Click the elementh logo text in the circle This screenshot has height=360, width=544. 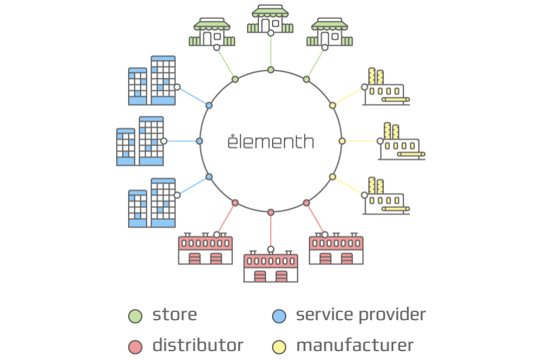271,141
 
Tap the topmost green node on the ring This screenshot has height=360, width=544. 271,70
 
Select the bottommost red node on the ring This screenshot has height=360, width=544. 271,212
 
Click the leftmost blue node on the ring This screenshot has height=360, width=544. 199,141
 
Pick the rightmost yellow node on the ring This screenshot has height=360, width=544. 342,141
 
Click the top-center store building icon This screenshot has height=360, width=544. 270,19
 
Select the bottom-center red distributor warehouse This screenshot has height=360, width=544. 271,266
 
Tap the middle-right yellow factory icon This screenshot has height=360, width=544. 401,141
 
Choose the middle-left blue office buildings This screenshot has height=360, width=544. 140,141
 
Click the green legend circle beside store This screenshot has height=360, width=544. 135,316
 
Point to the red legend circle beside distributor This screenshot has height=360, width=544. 135,347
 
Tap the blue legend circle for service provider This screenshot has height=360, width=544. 279,316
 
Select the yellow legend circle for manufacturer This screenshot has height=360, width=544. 279,347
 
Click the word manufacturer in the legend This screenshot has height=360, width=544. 355,345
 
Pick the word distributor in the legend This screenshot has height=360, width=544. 198,345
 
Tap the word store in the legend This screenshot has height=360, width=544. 174,315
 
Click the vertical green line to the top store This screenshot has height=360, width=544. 271,52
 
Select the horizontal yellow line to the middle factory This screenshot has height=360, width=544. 361,141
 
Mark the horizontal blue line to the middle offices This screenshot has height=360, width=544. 181,141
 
